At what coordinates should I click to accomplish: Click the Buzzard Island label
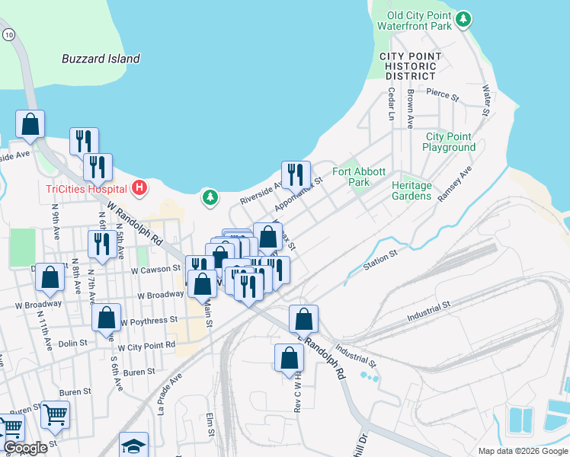pyautogui.click(x=101, y=59)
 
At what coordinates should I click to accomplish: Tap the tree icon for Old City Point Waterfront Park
pyautogui.click(x=463, y=19)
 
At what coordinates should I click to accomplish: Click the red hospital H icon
pyautogui.click(x=139, y=187)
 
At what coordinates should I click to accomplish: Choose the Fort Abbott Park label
pyautogui.click(x=359, y=177)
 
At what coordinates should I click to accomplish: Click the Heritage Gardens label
pyautogui.click(x=411, y=190)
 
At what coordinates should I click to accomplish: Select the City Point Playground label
pyautogui.click(x=450, y=142)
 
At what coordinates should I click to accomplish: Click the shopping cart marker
pyautogui.click(x=55, y=415)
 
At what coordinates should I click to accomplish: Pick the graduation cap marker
pyautogui.click(x=133, y=446)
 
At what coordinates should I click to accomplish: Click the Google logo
pyautogui.click(x=25, y=448)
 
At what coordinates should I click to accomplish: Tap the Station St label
pyautogui.click(x=380, y=259)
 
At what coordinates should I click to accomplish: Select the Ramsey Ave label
pyautogui.click(x=454, y=184)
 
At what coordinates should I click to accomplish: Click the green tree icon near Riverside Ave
pyautogui.click(x=210, y=197)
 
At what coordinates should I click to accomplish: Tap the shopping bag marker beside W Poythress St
pyautogui.click(x=106, y=318)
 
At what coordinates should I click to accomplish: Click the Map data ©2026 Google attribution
pyautogui.click(x=522, y=451)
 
